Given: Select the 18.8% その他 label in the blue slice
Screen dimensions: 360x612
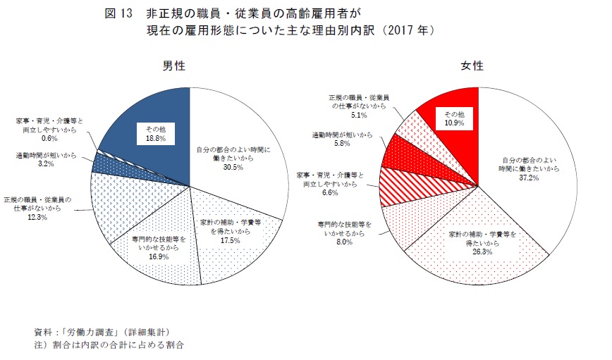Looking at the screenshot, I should click(155, 139).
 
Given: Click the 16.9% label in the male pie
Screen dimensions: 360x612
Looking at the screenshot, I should click(159, 257).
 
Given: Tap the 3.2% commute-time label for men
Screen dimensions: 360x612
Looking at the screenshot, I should click(43, 166).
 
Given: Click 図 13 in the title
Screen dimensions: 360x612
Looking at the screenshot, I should click(118, 13).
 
